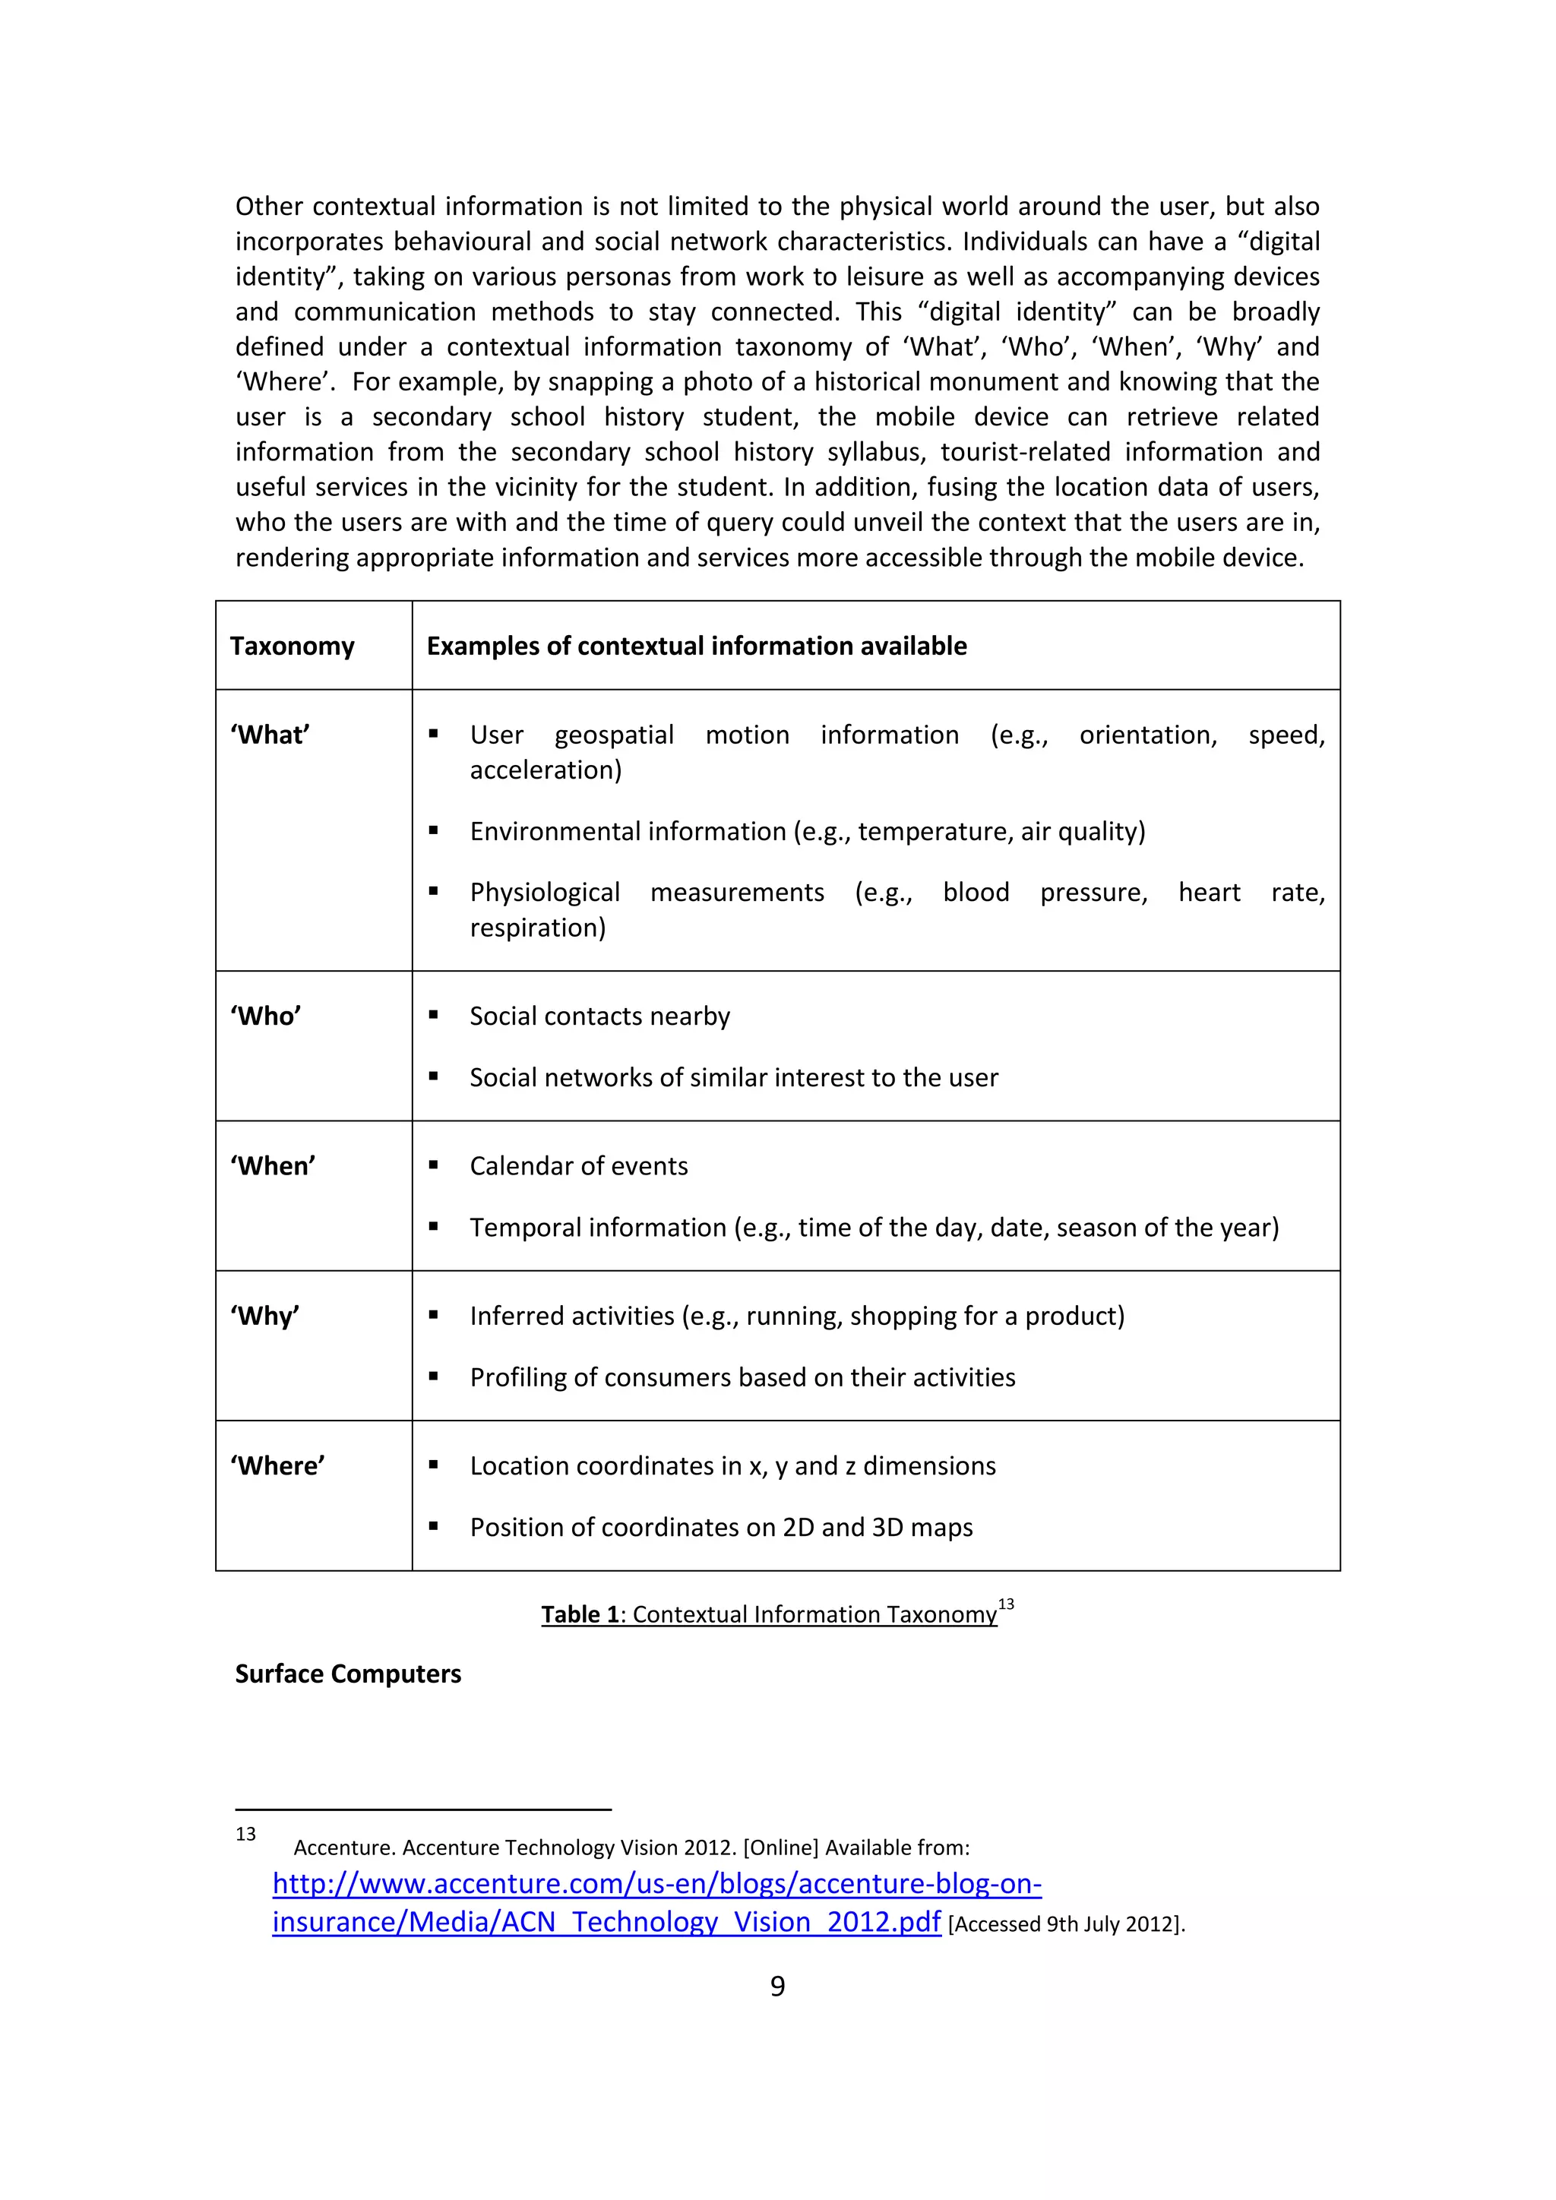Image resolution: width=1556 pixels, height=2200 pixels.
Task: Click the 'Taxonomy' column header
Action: (x=293, y=646)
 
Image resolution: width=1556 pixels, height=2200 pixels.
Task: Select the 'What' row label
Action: (x=269, y=735)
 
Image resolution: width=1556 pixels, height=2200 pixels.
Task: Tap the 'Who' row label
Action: (x=265, y=1016)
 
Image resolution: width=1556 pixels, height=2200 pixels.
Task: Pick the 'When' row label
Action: (x=273, y=1166)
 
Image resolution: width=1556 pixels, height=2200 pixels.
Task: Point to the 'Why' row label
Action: (x=264, y=1316)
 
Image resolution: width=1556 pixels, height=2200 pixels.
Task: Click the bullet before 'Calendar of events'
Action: (x=434, y=1166)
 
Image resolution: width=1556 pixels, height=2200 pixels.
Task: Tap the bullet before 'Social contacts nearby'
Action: (x=434, y=1016)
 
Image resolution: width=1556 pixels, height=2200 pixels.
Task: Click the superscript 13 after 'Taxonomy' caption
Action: (x=1006, y=1604)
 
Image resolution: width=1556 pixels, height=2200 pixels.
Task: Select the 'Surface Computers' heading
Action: (x=348, y=1674)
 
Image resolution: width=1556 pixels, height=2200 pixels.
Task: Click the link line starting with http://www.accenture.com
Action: (x=656, y=1884)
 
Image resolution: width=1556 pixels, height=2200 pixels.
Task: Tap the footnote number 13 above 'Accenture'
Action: (x=246, y=1834)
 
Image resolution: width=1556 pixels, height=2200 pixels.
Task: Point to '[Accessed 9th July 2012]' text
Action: (x=1065, y=1924)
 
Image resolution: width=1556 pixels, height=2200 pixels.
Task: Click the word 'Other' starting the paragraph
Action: (x=269, y=206)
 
